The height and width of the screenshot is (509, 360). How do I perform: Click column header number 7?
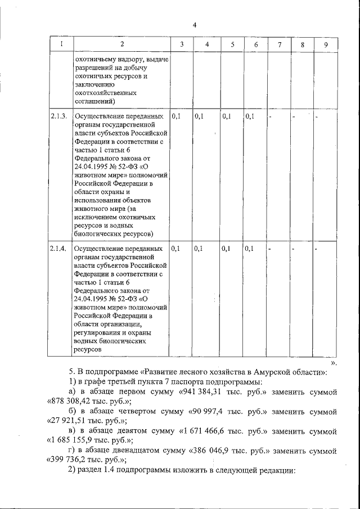(280, 44)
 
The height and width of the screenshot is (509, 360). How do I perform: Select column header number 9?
(326, 44)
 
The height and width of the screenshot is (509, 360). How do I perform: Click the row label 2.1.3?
(58, 116)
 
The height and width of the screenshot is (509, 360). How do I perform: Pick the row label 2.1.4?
(58, 248)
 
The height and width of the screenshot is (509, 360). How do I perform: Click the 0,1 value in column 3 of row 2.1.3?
(175, 116)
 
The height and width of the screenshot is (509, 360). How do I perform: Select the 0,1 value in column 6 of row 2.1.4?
(250, 248)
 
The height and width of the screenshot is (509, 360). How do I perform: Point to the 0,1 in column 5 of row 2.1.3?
(226, 116)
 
